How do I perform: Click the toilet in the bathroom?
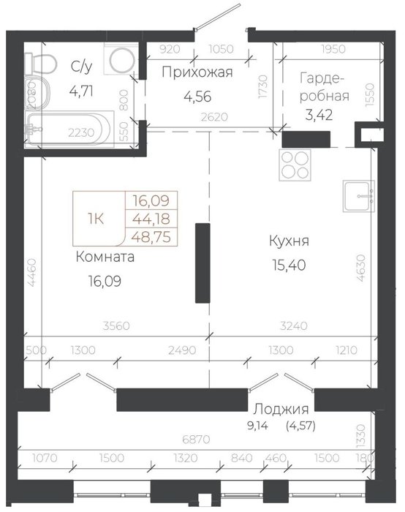pos(41,64)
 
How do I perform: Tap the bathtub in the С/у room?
pos(69,129)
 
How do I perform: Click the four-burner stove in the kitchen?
pos(295,165)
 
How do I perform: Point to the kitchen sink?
pos(359,196)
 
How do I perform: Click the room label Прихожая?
pos(197,72)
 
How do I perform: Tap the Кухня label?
pos(289,241)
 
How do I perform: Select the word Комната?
pos(105,257)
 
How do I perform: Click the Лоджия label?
pos(281,409)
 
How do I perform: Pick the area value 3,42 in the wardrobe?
pos(319,115)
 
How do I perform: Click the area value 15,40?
pos(289,266)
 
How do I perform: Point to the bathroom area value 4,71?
pos(81,91)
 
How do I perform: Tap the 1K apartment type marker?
pos(96,219)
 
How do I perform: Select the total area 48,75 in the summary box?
pos(151,237)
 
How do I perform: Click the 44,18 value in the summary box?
pos(151,219)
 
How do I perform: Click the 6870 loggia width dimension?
pos(196,440)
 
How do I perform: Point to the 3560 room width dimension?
pos(116,325)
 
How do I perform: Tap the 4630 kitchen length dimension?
pos(361,268)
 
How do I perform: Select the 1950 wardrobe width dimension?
pos(333,49)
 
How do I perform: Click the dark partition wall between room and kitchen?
pos(202,263)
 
